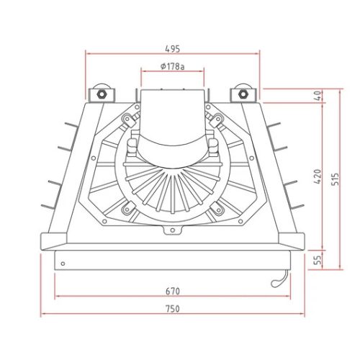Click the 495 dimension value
(172, 49)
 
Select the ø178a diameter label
(172, 66)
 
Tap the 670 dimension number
(172, 291)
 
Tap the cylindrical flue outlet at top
(172, 115)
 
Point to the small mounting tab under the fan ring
(172, 230)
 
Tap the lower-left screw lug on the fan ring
(127, 210)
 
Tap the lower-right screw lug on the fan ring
(216, 210)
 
